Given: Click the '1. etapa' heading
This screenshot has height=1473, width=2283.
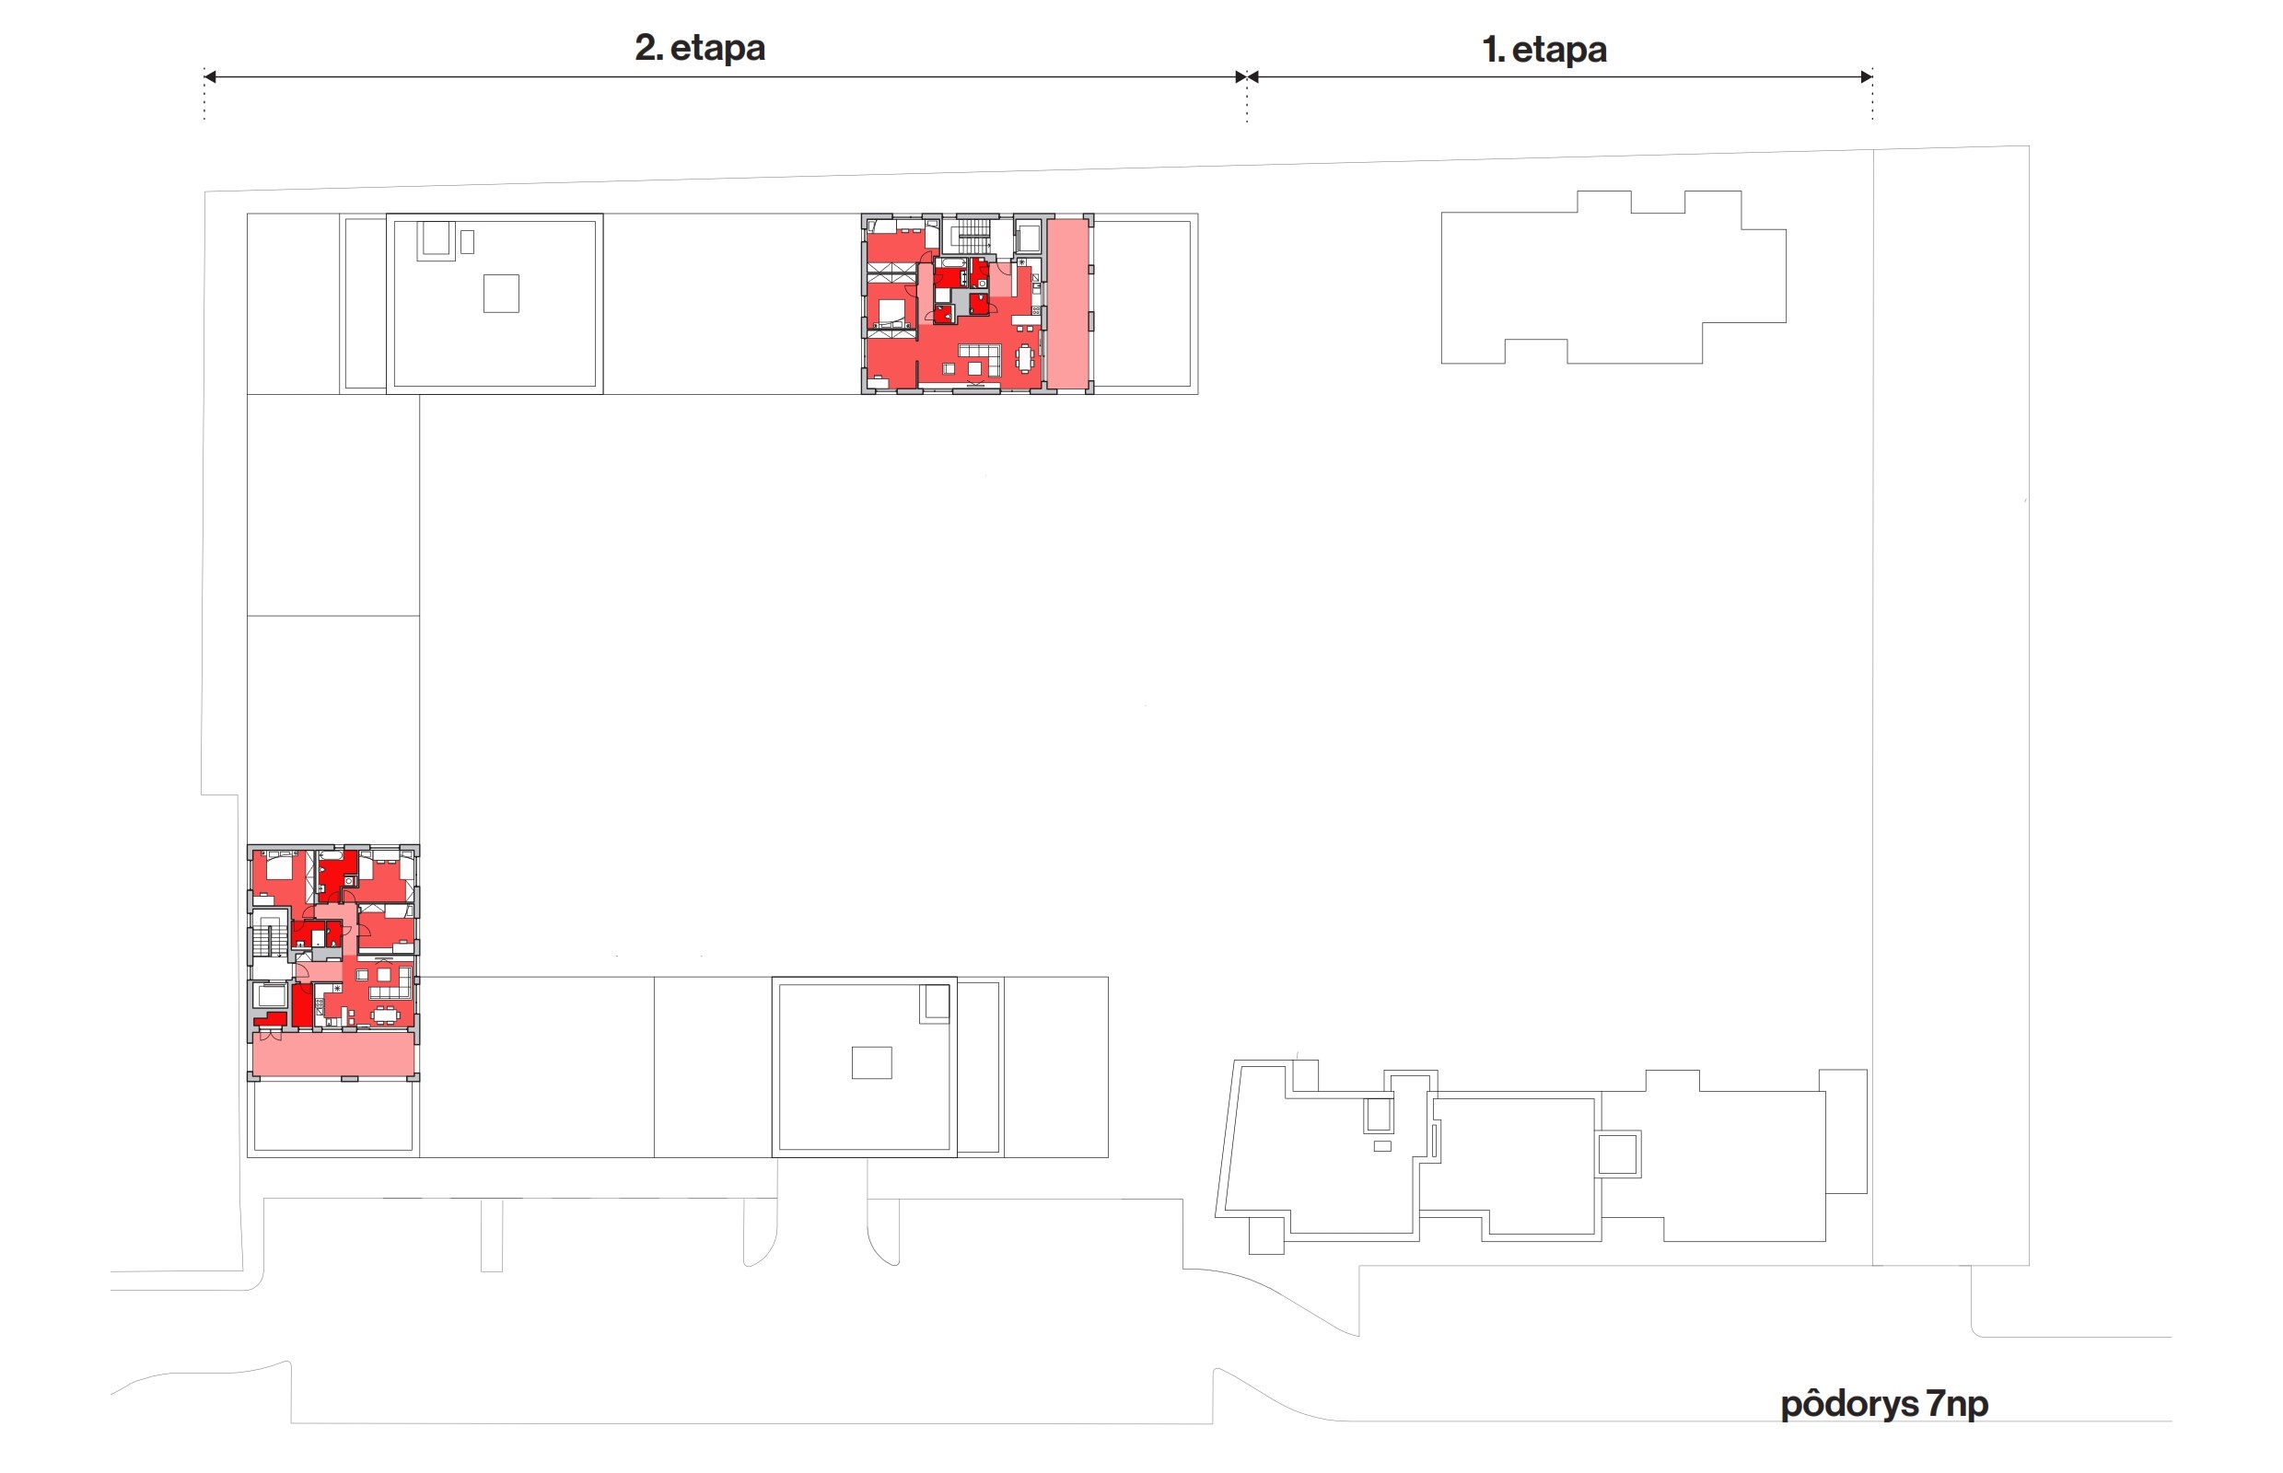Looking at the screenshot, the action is point(1543,49).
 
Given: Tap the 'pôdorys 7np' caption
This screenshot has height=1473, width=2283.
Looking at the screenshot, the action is point(1883,1403).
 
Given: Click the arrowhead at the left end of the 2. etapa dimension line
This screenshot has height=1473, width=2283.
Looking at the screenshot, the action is point(210,76).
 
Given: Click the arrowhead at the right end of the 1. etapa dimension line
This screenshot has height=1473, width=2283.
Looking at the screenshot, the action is point(1866,76).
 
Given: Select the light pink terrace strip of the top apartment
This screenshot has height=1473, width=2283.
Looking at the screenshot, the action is point(1067,303).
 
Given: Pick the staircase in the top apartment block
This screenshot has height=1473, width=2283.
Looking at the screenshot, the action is point(974,236).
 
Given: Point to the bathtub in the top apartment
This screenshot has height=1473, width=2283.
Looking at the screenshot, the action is point(954,262).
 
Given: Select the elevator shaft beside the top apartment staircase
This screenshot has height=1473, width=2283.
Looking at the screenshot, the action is point(1029,237).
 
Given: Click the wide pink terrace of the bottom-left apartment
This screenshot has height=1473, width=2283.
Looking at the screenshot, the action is point(333,1053).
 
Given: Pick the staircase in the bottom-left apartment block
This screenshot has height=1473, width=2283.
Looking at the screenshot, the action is point(270,937).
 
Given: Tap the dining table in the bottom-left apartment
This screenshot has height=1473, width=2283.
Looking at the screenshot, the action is point(386,1014).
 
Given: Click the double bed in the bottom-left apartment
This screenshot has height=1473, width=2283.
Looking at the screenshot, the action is point(279,865).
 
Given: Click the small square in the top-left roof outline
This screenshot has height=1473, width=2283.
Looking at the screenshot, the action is point(500,294).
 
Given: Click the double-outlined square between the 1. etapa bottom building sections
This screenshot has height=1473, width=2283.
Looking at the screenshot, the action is point(1617,1154).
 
